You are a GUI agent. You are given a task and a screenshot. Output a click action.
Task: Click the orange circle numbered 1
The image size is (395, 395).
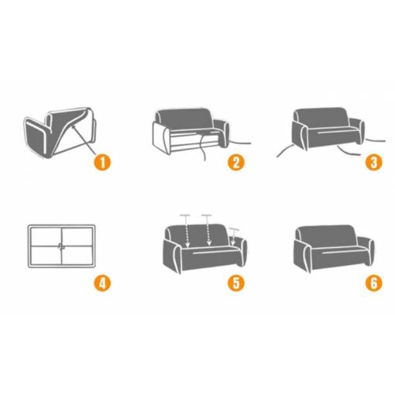point(102,162)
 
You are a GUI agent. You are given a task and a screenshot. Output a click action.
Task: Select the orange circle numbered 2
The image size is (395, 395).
point(236,162)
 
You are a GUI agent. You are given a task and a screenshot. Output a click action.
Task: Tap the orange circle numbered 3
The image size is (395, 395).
point(374,162)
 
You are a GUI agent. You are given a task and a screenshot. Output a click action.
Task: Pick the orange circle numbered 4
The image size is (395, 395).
point(102,283)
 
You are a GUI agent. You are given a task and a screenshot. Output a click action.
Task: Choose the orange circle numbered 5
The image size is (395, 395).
point(236,283)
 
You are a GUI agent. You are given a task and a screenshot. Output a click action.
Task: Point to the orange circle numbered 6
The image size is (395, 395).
point(374,283)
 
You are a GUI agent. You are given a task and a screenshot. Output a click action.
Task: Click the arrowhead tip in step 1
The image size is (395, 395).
point(72,125)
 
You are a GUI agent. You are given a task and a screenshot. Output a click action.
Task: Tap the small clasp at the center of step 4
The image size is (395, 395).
point(61,246)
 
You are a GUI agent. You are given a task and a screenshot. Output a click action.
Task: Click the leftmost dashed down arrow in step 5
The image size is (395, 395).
point(187,231)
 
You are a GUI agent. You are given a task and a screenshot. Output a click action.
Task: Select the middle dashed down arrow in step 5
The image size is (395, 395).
point(208,230)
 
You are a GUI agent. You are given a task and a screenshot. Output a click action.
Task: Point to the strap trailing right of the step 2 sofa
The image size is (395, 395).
point(240,143)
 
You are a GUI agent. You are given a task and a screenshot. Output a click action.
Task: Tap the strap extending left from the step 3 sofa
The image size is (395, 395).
point(285,150)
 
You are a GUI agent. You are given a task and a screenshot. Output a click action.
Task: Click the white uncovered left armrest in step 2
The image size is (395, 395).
point(162,138)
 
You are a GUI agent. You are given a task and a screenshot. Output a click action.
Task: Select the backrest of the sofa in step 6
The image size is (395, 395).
point(327,237)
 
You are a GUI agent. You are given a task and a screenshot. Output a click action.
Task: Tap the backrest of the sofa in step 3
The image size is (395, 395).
point(321,118)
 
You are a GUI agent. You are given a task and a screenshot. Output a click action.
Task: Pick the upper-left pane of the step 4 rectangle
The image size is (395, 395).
point(46,237)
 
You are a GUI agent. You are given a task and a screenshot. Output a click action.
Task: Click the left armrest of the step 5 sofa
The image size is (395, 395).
point(172,256)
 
